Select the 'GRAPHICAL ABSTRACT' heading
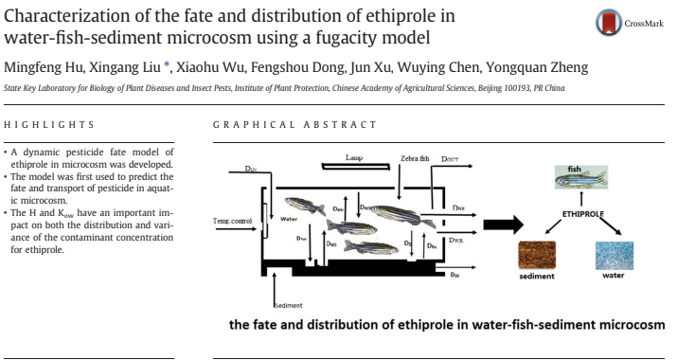point(294,125)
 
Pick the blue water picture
point(613,257)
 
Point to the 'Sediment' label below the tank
point(287,305)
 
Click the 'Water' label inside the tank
point(290,218)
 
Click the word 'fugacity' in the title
point(323,38)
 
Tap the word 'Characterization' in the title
point(65,16)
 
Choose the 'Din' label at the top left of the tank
point(250,169)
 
